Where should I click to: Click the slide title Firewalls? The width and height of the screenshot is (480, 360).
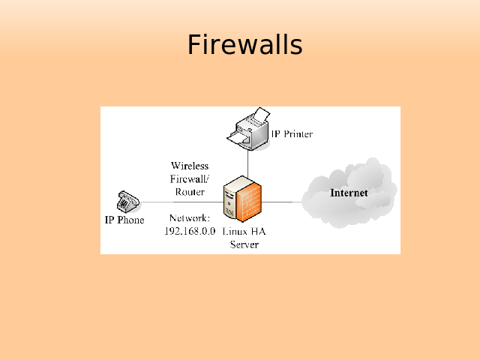[244, 45]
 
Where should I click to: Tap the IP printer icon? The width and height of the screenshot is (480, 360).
[248, 129]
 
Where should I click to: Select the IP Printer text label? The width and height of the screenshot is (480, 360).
[292, 134]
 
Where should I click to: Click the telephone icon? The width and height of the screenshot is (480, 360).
[127, 202]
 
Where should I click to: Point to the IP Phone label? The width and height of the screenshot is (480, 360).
[124, 220]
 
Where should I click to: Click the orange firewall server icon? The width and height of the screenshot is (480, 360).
[244, 199]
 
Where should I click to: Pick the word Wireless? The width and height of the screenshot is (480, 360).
[190, 165]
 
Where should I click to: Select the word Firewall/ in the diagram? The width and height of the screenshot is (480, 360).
[190, 178]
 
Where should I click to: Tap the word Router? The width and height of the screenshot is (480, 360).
[190, 192]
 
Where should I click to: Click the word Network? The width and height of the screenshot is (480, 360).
[189, 217]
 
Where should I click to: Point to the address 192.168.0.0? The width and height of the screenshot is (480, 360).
[190, 231]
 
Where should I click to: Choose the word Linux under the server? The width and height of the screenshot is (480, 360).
[234, 231]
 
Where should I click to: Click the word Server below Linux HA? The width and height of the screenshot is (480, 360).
[244, 244]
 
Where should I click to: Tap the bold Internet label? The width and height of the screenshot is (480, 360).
[349, 193]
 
